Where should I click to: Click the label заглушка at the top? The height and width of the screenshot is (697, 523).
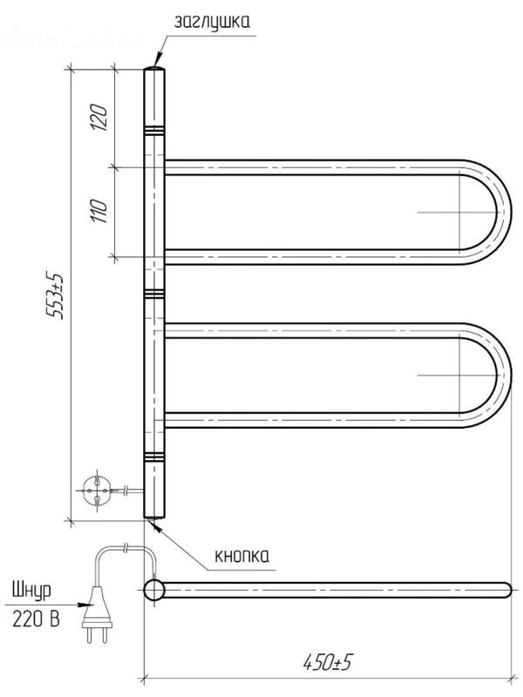212,21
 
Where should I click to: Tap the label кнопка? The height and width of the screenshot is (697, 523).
242,556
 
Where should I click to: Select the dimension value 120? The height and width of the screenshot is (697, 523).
98,118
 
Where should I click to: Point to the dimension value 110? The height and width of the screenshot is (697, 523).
98,211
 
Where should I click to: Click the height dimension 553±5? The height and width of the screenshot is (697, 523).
56,295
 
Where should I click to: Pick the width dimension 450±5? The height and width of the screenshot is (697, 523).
328,662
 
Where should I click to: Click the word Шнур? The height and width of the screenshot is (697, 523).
31,591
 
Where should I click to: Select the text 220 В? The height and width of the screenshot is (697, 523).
36,619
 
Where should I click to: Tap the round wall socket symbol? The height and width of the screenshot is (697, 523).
96,491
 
